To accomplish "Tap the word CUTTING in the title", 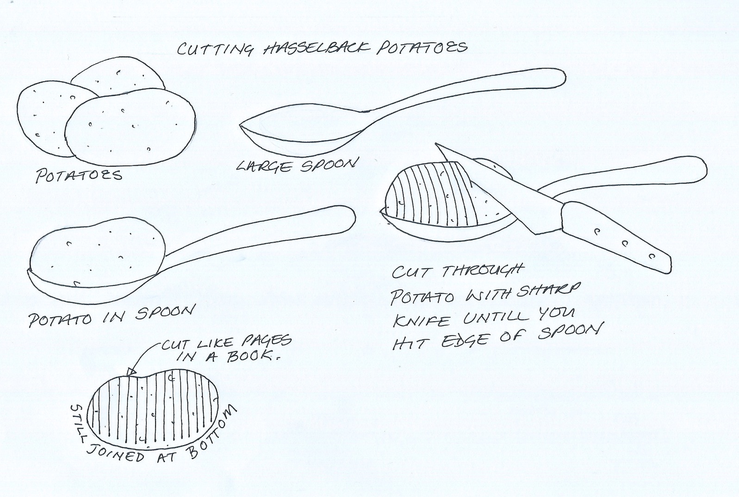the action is pos(216,50).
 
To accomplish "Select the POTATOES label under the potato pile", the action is pos(79,175).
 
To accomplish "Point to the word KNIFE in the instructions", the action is pos(421,320).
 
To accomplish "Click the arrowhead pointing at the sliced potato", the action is pos(131,372).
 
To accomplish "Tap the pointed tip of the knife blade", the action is pos(436,144).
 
